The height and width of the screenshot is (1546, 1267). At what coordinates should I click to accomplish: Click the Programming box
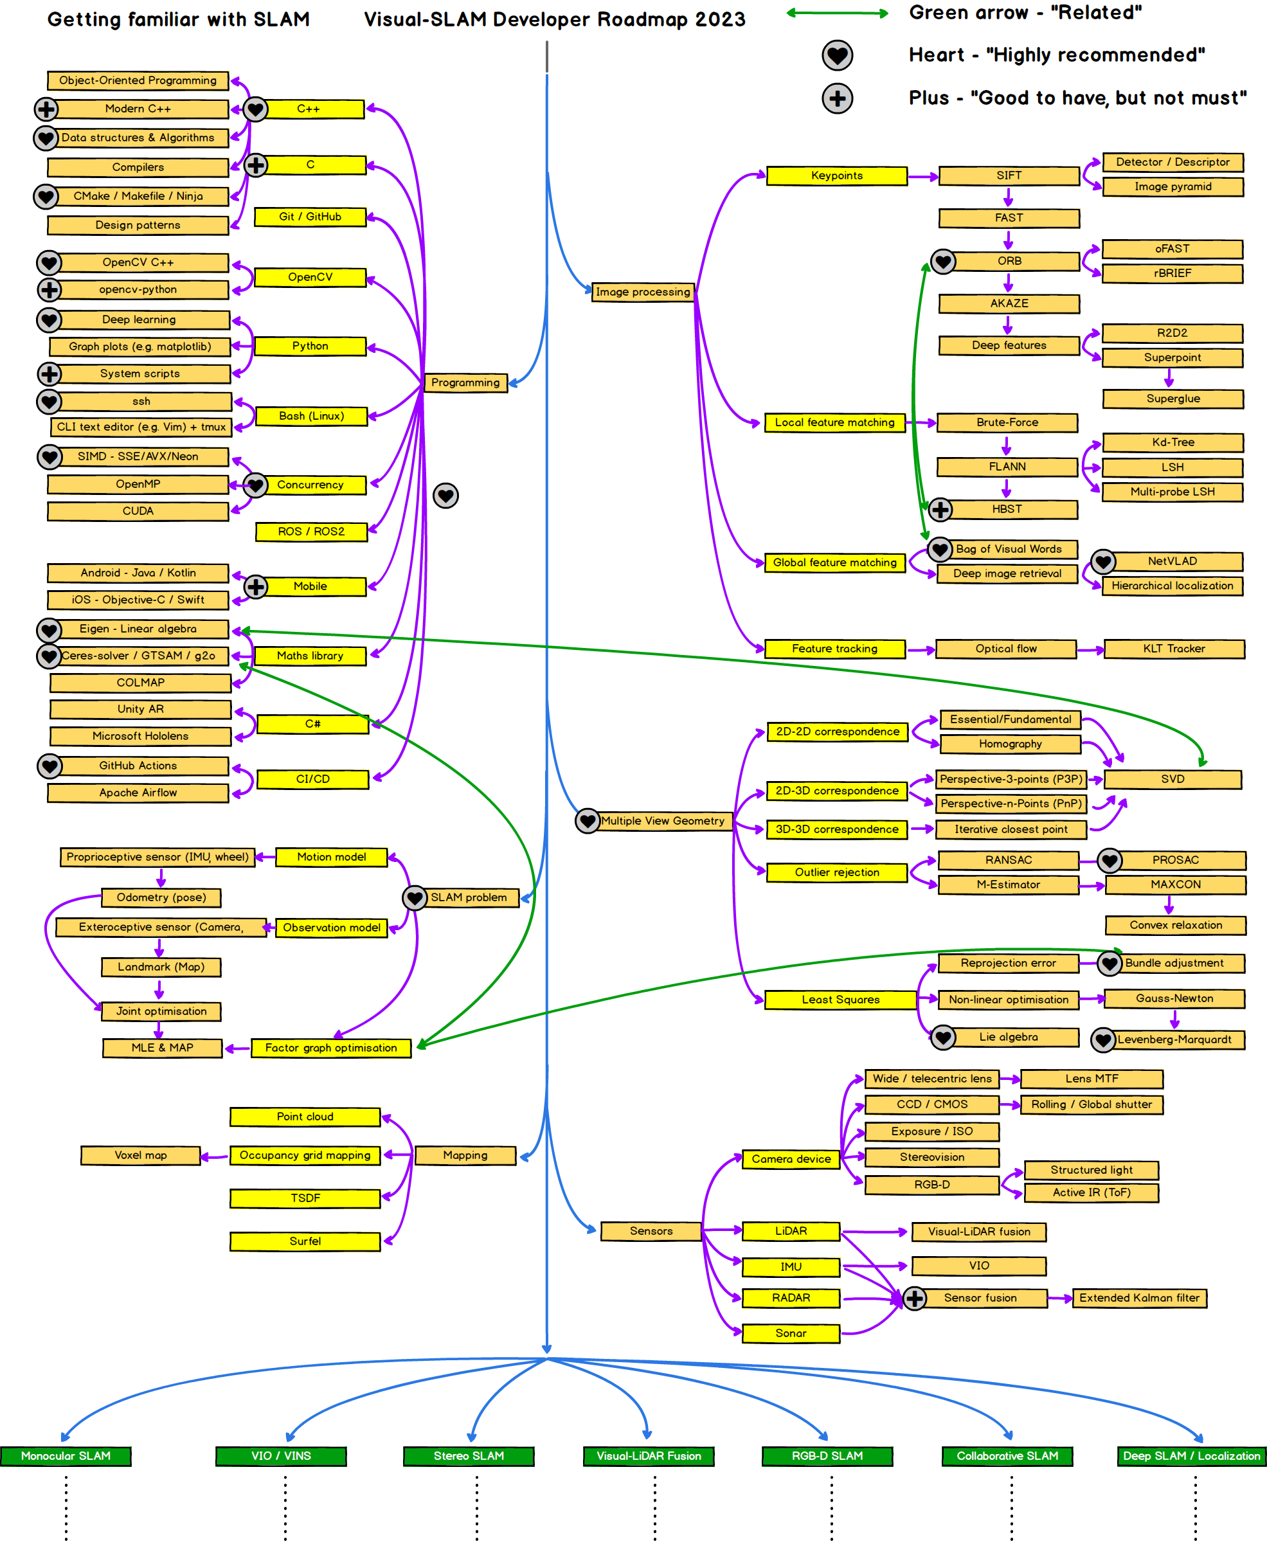pyautogui.click(x=465, y=382)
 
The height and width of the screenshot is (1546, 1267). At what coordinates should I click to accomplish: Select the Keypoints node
pyautogui.click(x=836, y=176)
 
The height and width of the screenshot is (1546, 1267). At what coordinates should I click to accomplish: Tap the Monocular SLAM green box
pyautogui.click(x=66, y=1455)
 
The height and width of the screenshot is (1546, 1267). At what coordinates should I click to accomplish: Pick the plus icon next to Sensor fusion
pyautogui.click(x=915, y=1298)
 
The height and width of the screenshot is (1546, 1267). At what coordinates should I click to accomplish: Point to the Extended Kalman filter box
pyautogui.click(x=1138, y=1298)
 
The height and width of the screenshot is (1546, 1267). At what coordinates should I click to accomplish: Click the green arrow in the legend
pyautogui.click(x=837, y=13)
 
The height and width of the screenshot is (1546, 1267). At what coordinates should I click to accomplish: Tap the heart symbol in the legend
pyautogui.click(x=837, y=55)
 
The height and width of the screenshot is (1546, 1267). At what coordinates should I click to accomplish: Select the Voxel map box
pyautogui.click(x=140, y=1156)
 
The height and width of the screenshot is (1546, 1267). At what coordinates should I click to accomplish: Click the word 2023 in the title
pyautogui.click(x=719, y=20)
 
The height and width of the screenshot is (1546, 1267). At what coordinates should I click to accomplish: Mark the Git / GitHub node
pyautogui.click(x=310, y=217)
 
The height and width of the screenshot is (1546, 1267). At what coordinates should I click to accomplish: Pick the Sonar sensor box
pyautogui.click(x=791, y=1334)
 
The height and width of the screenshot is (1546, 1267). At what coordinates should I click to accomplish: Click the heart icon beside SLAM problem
pyautogui.click(x=415, y=897)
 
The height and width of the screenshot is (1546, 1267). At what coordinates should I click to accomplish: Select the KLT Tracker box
pyautogui.click(x=1174, y=649)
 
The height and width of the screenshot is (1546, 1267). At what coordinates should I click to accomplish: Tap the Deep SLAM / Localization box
pyautogui.click(x=1191, y=1455)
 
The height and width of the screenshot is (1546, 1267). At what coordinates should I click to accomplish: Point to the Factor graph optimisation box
pyautogui.click(x=330, y=1048)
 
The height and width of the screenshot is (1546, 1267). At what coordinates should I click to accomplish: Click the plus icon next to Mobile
pyautogui.click(x=255, y=586)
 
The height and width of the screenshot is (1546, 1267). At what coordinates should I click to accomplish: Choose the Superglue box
pyautogui.click(x=1173, y=399)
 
